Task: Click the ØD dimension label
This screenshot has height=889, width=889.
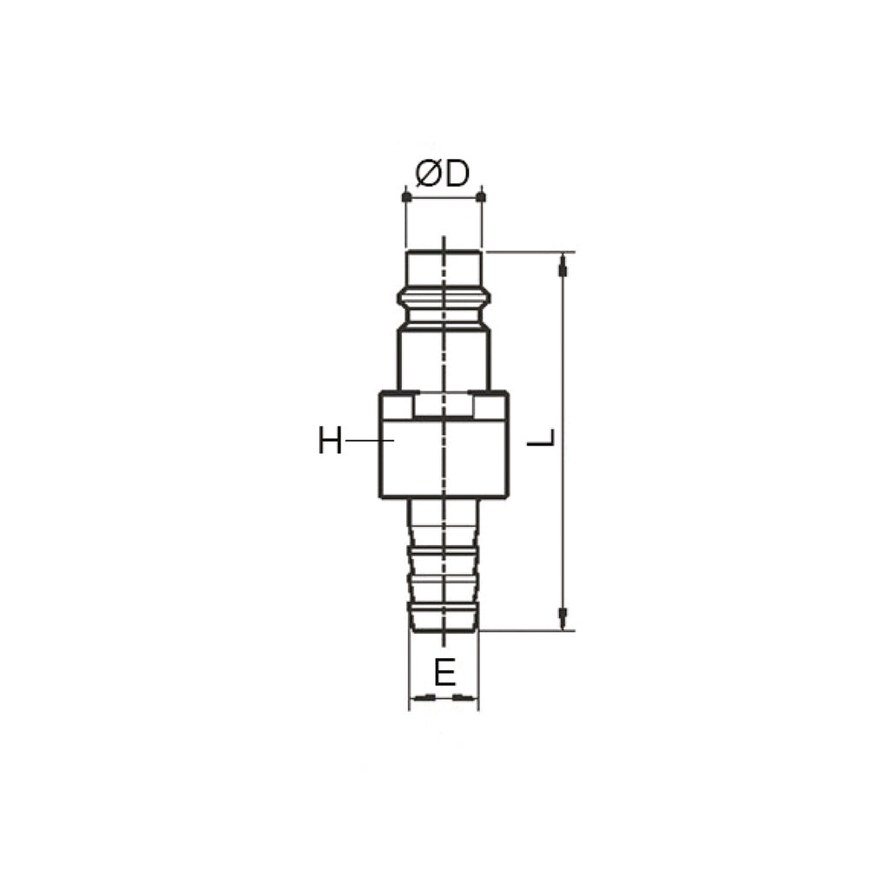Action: [443, 174]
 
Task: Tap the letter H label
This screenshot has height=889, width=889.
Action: [330, 440]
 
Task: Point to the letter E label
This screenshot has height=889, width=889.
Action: [444, 673]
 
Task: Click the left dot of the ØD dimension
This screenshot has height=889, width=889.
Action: [406, 197]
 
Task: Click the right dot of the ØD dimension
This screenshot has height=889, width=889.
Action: [481, 197]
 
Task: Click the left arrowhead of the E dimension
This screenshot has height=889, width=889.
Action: [423, 697]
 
